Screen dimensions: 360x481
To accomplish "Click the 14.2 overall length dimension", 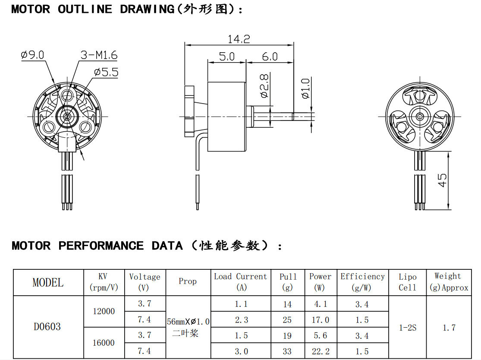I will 239,39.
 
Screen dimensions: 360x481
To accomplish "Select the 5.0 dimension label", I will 226,57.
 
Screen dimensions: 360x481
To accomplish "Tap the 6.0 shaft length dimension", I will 270,57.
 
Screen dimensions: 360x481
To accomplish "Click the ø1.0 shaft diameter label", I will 305,89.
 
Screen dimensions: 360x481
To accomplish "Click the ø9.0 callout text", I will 32,55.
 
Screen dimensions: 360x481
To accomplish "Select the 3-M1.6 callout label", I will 99,55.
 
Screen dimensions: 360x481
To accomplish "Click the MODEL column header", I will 48,283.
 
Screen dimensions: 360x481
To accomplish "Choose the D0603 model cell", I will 47,327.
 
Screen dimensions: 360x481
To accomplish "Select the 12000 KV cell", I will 104,311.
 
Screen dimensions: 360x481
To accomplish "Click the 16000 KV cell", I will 104,343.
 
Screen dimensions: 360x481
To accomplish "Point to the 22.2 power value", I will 321,351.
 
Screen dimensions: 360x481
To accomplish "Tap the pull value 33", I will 287,351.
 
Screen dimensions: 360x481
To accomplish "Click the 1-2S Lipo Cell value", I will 407,328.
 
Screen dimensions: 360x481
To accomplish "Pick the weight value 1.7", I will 449,328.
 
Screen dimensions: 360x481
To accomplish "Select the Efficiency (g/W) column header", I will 362,281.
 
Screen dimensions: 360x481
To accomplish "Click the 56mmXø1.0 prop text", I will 189,322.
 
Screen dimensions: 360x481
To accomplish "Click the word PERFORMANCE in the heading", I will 101,246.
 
